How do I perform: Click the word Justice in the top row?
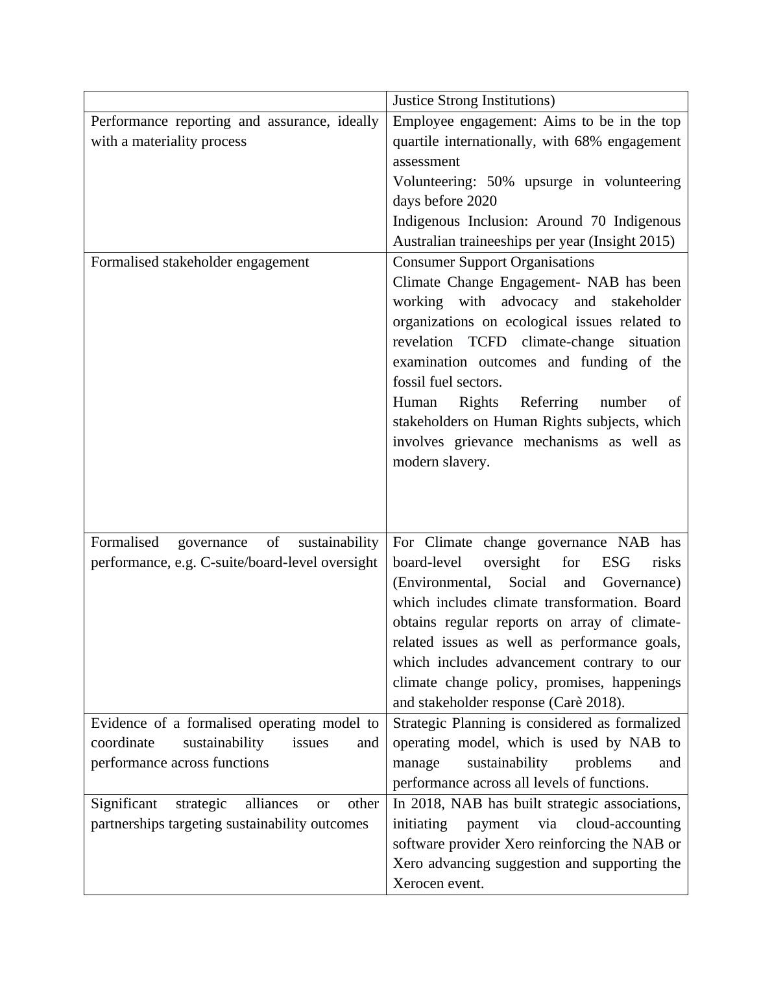[413, 101]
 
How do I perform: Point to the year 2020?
[481, 201]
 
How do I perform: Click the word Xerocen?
[418, 884]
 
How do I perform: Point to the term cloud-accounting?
[628, 824]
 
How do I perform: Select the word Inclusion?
[500, 221]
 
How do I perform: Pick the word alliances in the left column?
[272, 804]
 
